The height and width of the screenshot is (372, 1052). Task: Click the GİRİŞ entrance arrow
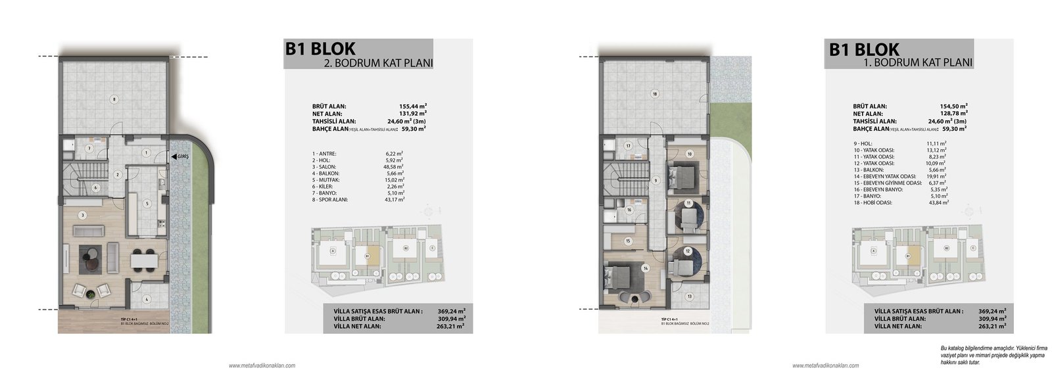(172, 157)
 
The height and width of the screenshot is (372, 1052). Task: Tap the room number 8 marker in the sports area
(114, 99)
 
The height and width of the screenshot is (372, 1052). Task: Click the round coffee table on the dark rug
(91, 254)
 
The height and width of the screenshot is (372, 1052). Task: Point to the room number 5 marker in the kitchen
(147, 203)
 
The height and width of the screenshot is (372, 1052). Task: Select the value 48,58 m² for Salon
(393, 166)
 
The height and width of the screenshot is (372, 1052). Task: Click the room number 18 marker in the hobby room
(654, 93)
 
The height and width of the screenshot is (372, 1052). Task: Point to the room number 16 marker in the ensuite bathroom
(629, 210)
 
